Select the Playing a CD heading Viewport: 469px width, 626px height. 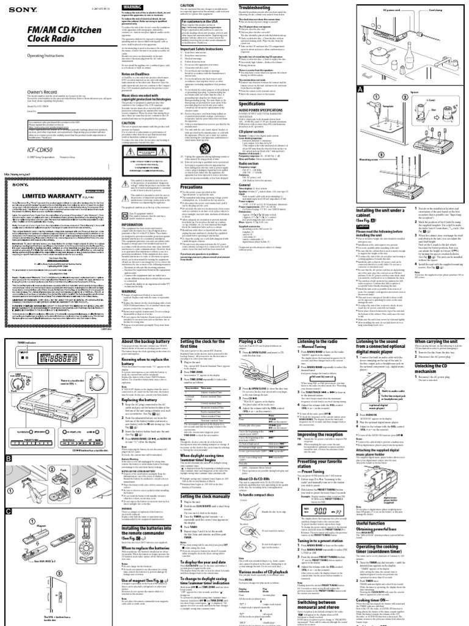point(267,340)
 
